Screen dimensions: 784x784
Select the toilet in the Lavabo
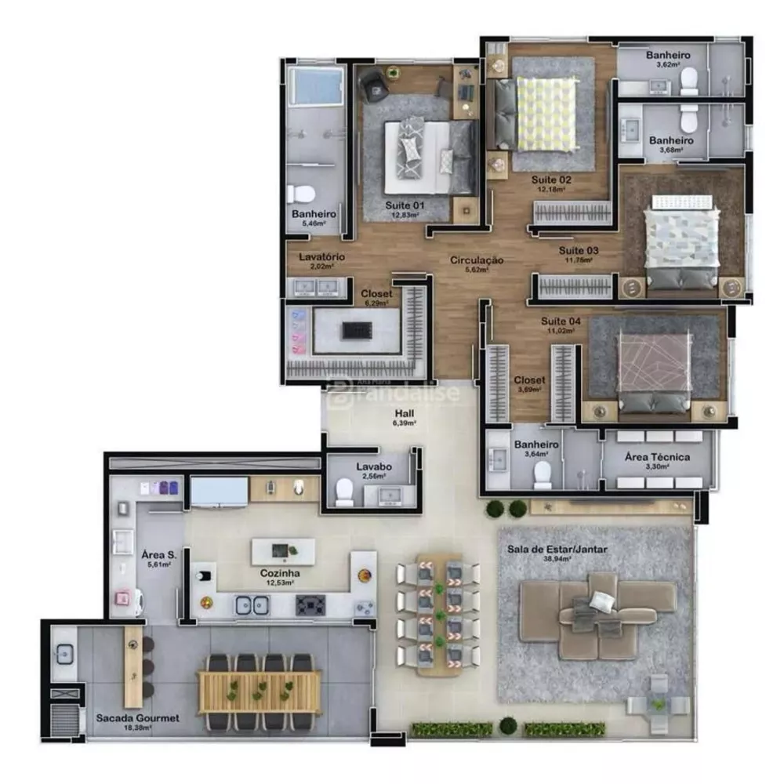point(343,492)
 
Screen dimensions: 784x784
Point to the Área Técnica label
point(658,456)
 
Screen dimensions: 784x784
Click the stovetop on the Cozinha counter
point(310,604)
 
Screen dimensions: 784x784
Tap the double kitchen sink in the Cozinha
point(251,605)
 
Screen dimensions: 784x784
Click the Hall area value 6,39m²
point(404,423)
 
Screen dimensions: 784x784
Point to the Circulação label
point(477,260)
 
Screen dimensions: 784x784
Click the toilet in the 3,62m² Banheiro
point(688,80)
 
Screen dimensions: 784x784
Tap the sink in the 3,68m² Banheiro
point(632,127)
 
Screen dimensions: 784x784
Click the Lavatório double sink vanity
point(318,287)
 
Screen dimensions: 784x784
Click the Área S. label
point(158,554)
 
